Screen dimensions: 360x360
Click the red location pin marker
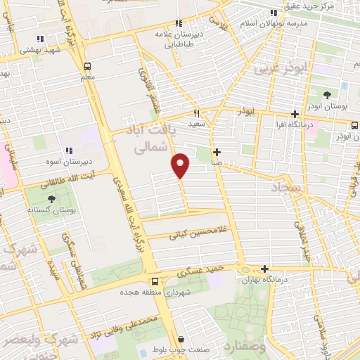pyautogui.click(x=181, y=165)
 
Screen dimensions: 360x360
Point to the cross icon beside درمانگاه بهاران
pyautogui.click(x=264, y=269)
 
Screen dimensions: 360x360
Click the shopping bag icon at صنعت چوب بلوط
pyautogui.click(x=181, y=340)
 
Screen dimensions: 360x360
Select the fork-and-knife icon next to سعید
pyautogui.click(x=197, y=113)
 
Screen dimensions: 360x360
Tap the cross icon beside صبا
pyautogui.click(x=217, y=152)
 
